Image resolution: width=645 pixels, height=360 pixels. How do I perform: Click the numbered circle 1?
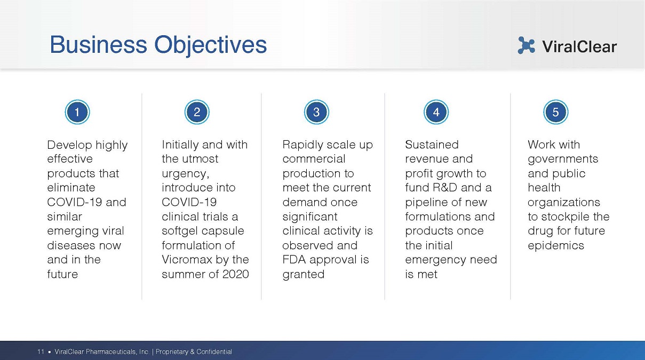point(77,112)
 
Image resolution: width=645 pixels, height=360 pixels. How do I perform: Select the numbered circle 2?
point(197,112)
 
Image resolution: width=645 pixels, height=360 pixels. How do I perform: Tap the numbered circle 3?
point(316,112)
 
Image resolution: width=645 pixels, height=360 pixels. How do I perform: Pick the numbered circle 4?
point(436,112)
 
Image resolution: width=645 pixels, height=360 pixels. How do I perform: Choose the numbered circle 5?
point(556,112)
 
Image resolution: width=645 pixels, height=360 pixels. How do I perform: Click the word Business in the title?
point(99,45)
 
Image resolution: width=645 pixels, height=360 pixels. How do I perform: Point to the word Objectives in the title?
point(211,45)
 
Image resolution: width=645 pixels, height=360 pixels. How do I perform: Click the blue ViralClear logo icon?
point(526,45)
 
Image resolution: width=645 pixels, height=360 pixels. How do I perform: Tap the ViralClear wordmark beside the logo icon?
point(579,46)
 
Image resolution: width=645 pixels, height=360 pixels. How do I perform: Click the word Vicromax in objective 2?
point(187,260)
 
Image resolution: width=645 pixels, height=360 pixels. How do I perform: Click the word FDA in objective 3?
point(294,260)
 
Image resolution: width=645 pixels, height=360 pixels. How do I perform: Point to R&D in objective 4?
point(445,188)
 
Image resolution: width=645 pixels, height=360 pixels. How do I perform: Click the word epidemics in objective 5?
point(556,246)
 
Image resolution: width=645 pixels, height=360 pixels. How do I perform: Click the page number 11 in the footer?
point(41,351)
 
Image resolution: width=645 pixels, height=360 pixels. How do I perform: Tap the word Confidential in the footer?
point(214,351)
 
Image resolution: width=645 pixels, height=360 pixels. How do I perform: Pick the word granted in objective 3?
point(304,275)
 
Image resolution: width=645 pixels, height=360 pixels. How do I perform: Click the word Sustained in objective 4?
point(432,145)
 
